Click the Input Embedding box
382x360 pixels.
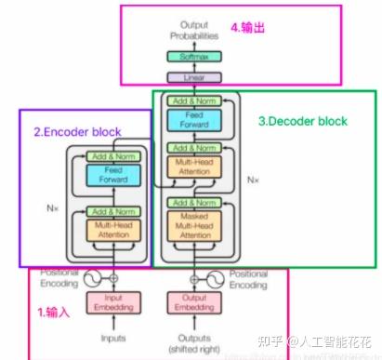(112, 302)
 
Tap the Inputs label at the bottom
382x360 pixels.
(112, 338)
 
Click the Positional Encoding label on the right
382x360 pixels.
(248, 280)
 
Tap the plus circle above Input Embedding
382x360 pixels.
(113, 277)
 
